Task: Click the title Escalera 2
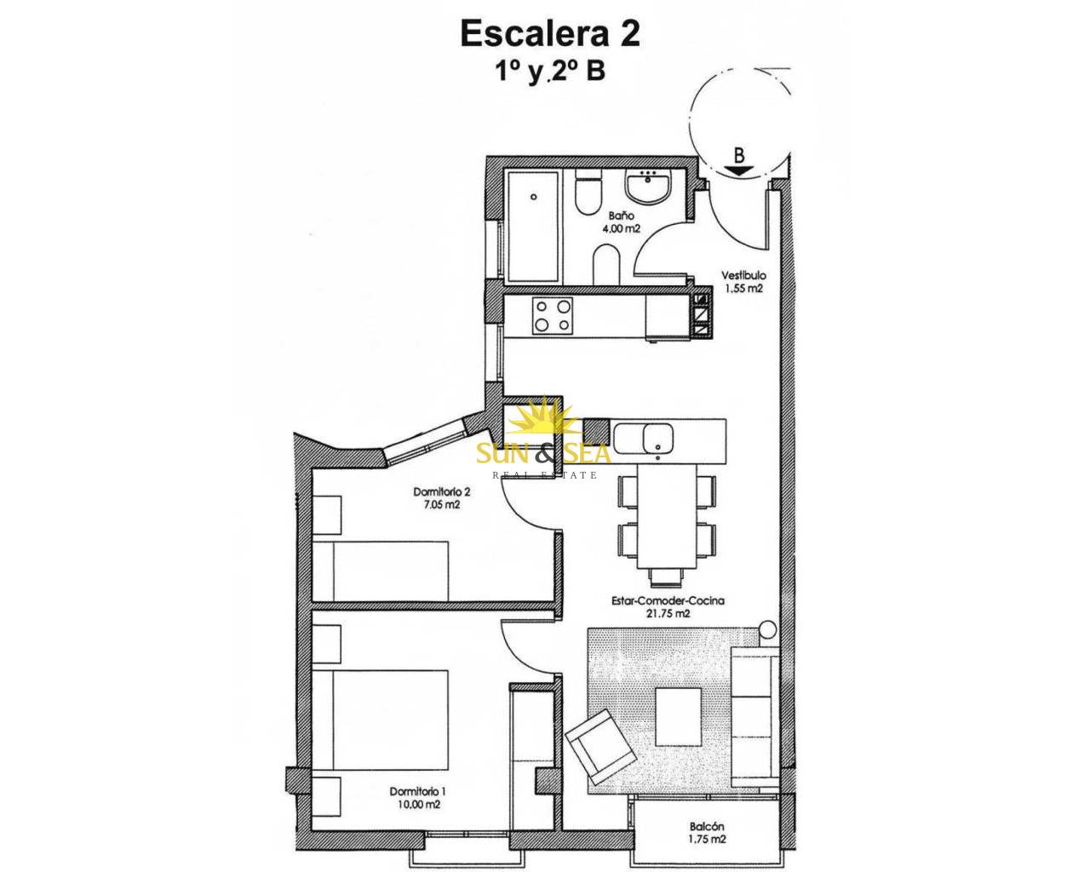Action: click(550, 34)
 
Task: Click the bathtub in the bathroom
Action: click(532, 227)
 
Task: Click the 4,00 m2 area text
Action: click(621, 228)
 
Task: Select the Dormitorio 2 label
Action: click(442, 491)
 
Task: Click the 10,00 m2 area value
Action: click(417, 804)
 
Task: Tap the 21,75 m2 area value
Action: click(668, 614)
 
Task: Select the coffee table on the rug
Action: click(678, 716)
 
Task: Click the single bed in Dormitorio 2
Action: click(381, 571)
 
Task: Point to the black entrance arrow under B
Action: click(739, 170)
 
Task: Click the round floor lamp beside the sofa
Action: click(767, 629)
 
